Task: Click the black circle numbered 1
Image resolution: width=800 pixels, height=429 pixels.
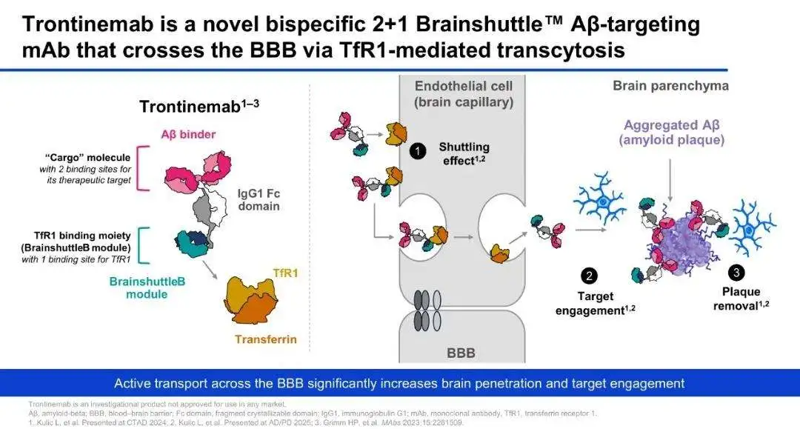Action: [x=417, y=151]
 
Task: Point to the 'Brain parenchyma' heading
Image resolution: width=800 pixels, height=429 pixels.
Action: [x=670, y=86]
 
